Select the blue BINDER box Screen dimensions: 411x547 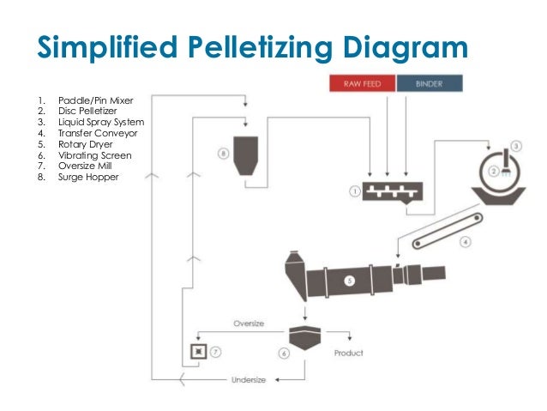point(430,84)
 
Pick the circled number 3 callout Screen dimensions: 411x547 point(516,146)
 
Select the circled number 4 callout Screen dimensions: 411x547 point(465,242)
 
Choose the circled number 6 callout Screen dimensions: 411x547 point(283,353)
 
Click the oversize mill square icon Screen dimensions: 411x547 point(199,352)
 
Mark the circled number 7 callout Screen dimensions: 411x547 point(217,352)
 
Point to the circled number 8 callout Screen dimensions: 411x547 point(223,154)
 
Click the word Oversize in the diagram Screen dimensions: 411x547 point(249,323)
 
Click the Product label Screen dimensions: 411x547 point(349,352)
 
